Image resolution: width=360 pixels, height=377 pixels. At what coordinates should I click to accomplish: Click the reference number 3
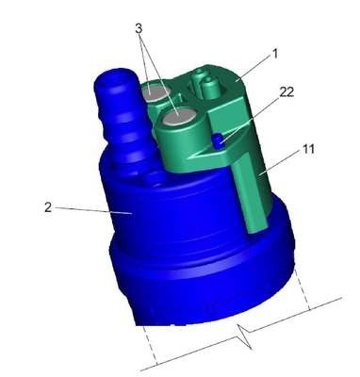139,28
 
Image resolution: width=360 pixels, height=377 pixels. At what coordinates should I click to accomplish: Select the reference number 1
275,55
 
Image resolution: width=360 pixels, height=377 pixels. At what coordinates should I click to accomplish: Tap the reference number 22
286,92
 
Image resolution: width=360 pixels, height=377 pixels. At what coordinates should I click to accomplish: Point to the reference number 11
308,149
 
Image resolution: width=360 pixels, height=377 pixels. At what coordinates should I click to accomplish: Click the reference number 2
48,207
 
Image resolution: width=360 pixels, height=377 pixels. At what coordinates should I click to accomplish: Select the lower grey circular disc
178,119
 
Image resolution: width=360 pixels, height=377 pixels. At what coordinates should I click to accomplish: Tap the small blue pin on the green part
218,140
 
